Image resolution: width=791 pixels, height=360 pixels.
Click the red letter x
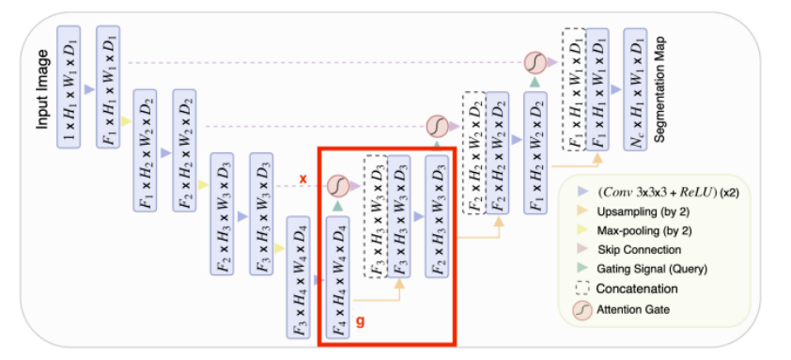coord(303,178)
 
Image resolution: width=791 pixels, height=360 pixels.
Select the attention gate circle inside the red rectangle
coord(337,188)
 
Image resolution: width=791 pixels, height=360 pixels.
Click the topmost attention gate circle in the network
coord(534,63)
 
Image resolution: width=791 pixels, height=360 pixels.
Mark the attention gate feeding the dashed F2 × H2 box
coord(436,125)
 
